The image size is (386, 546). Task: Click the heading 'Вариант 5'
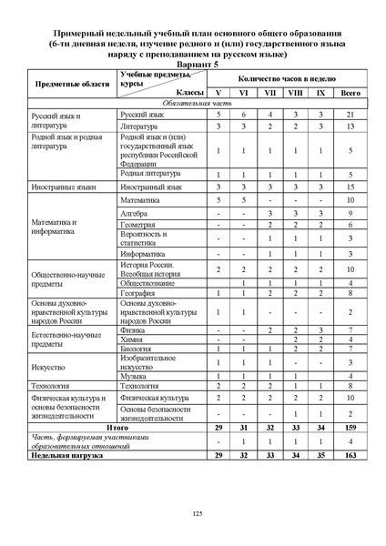193,66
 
